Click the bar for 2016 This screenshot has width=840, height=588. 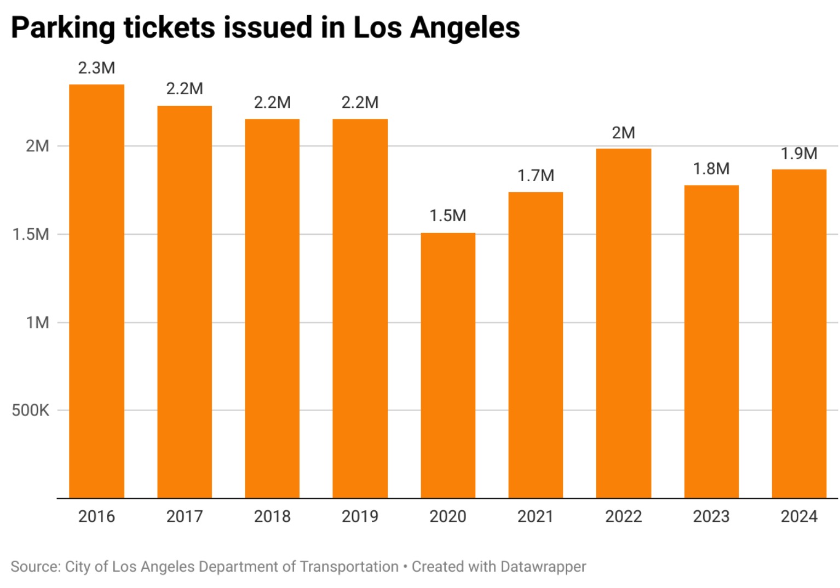(x=96, y=291)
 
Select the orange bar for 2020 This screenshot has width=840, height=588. (x=448, y=365)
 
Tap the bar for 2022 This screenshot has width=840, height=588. (x=623, y=323)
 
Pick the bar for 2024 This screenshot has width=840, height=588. (x=799, y=333)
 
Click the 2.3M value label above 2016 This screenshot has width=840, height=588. (x=96, y=68)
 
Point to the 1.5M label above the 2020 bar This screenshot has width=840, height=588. (x=448, y=216)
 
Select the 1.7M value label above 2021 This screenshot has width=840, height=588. (x=536, y=176)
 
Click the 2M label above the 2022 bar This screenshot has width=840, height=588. (x=623, y=133)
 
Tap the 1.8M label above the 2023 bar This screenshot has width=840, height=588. (x=711, y=169)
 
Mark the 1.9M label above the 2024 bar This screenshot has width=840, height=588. (x=799, y=153)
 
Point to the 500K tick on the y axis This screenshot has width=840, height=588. (x=31, y=410)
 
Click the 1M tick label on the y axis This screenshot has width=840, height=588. (x=37, y=322)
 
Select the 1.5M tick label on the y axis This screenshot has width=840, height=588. (x=31, y=234)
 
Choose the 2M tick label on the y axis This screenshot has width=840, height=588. (x=37, y=146)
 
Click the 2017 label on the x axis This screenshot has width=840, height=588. (x=185, y=516)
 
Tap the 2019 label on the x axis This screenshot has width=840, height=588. (x=360, y=516)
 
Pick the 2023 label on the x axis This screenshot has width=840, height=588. (x=711, y=516)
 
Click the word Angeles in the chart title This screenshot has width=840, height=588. (x=465, y=27)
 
